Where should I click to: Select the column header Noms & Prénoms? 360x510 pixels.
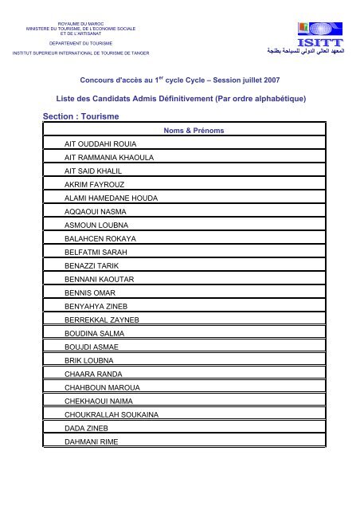tap(193, 129)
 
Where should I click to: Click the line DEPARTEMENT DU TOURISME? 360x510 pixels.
tap(80, 43)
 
